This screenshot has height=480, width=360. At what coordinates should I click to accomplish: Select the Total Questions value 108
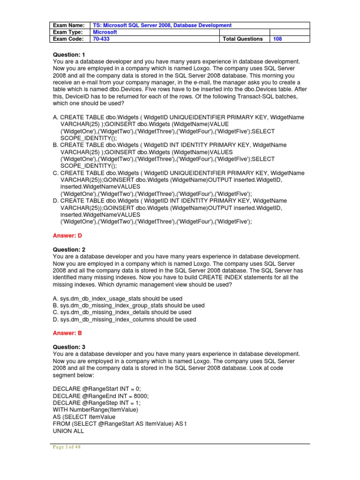pos(277,39)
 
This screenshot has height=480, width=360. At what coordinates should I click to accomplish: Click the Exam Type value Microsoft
pos(105,32)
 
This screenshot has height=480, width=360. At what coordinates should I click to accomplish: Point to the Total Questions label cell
pos(243,39)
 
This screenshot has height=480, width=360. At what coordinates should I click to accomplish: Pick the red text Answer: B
pos(68,333)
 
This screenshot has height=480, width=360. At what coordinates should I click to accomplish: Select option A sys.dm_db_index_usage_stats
pos(118,299)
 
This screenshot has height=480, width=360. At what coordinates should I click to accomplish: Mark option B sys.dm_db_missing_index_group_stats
pos(128,306)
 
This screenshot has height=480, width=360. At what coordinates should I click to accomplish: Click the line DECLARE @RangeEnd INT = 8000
pos(100,396)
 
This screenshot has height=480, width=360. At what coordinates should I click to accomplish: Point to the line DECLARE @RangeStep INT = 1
pos(97,403)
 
